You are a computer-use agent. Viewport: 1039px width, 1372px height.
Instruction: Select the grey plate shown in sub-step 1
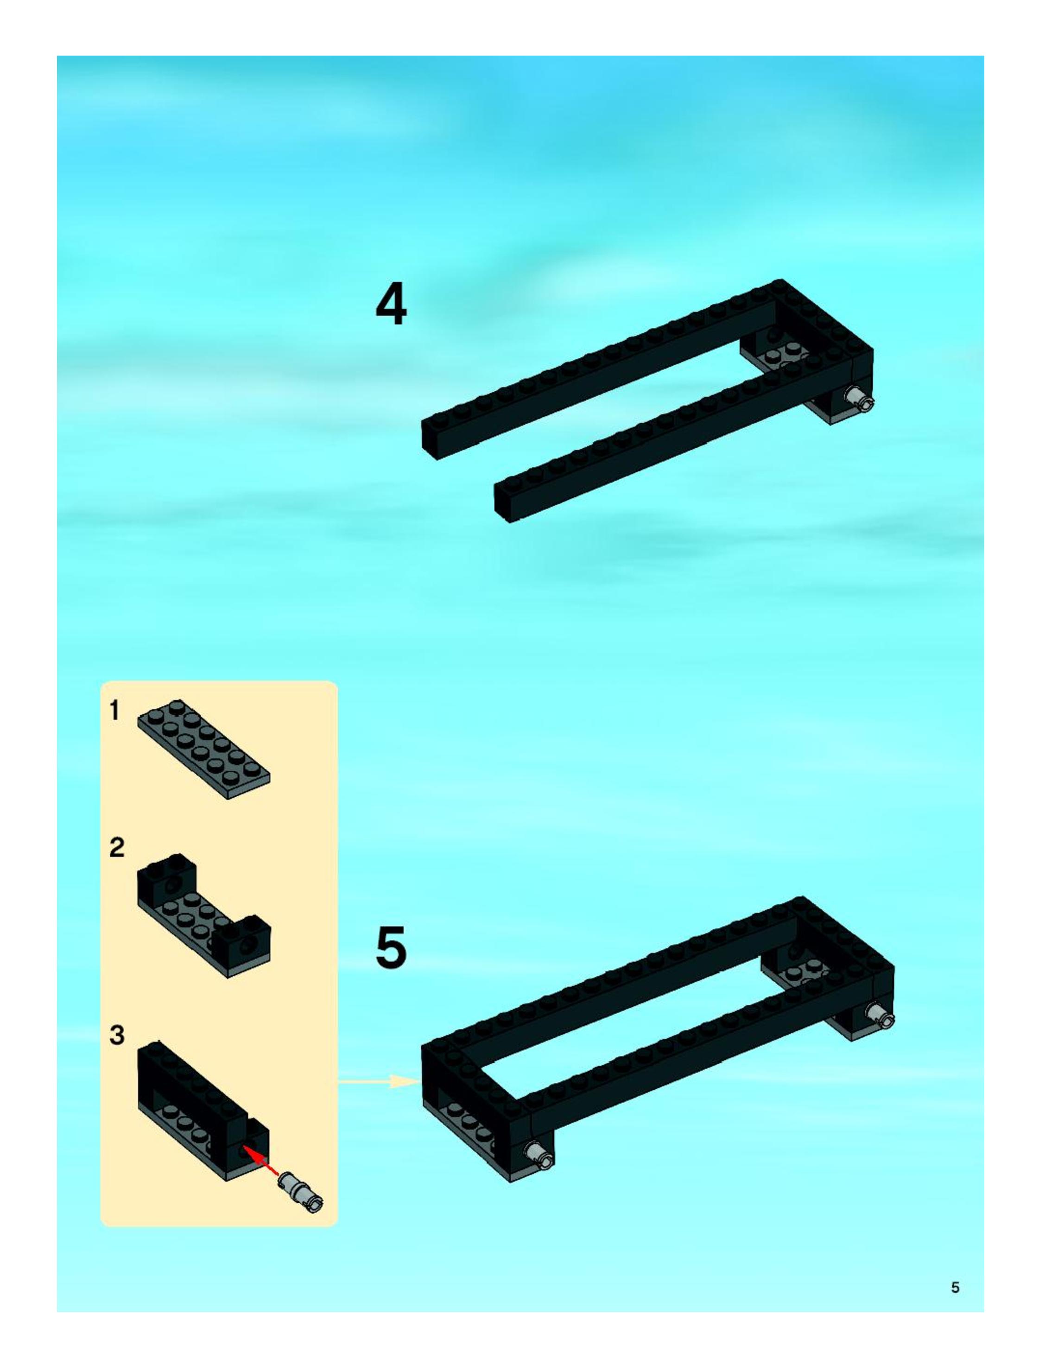click(x=203, y=749)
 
